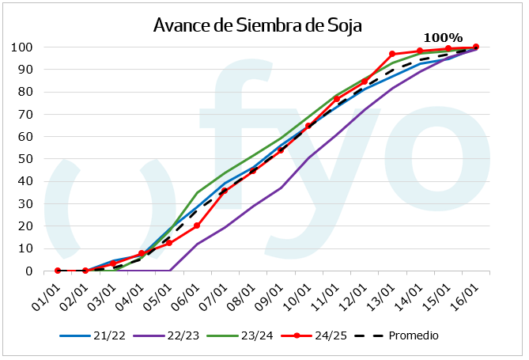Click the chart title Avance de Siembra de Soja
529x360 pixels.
tap(257, 25)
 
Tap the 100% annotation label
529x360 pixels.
tap(443, 37)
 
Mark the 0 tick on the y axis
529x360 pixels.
tap(29, 271)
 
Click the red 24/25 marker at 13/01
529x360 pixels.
tap(392, 54)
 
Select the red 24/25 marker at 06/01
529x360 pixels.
tap(197, 225)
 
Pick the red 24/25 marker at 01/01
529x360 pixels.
tap(58, 271)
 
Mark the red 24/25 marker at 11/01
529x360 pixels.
tap(337, 99)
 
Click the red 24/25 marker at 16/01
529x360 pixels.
tap(476, 47)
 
